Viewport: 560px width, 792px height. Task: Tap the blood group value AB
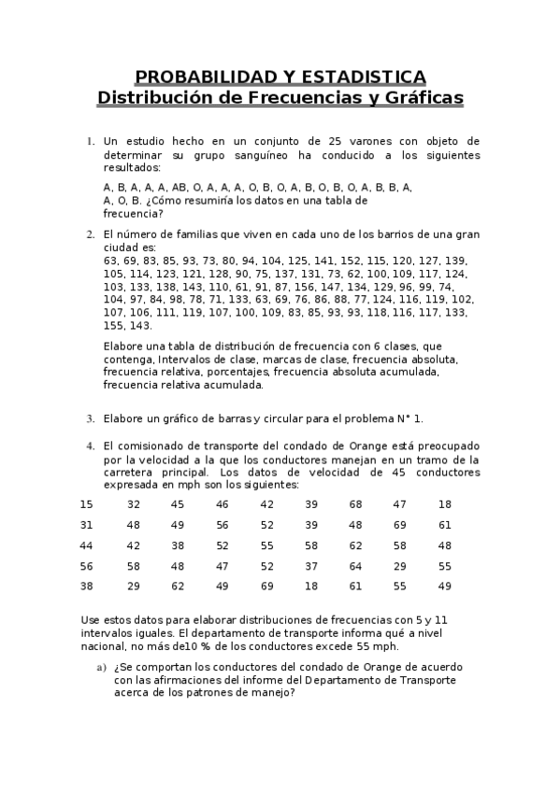pos(179,187)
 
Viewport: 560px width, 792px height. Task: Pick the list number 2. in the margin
pos(90,234)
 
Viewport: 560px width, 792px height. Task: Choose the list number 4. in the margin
pos(90,446)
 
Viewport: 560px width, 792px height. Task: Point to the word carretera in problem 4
pos(130,473)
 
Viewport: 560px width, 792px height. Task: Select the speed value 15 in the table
pos(87,504)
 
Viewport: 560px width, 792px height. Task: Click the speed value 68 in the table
pos(355,504)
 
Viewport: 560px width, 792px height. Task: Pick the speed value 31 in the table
pos(87,525)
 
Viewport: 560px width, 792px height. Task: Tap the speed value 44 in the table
pos(87,545)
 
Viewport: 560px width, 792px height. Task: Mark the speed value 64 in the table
pos(355,566)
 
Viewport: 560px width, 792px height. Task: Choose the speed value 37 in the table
pos(311,566)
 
